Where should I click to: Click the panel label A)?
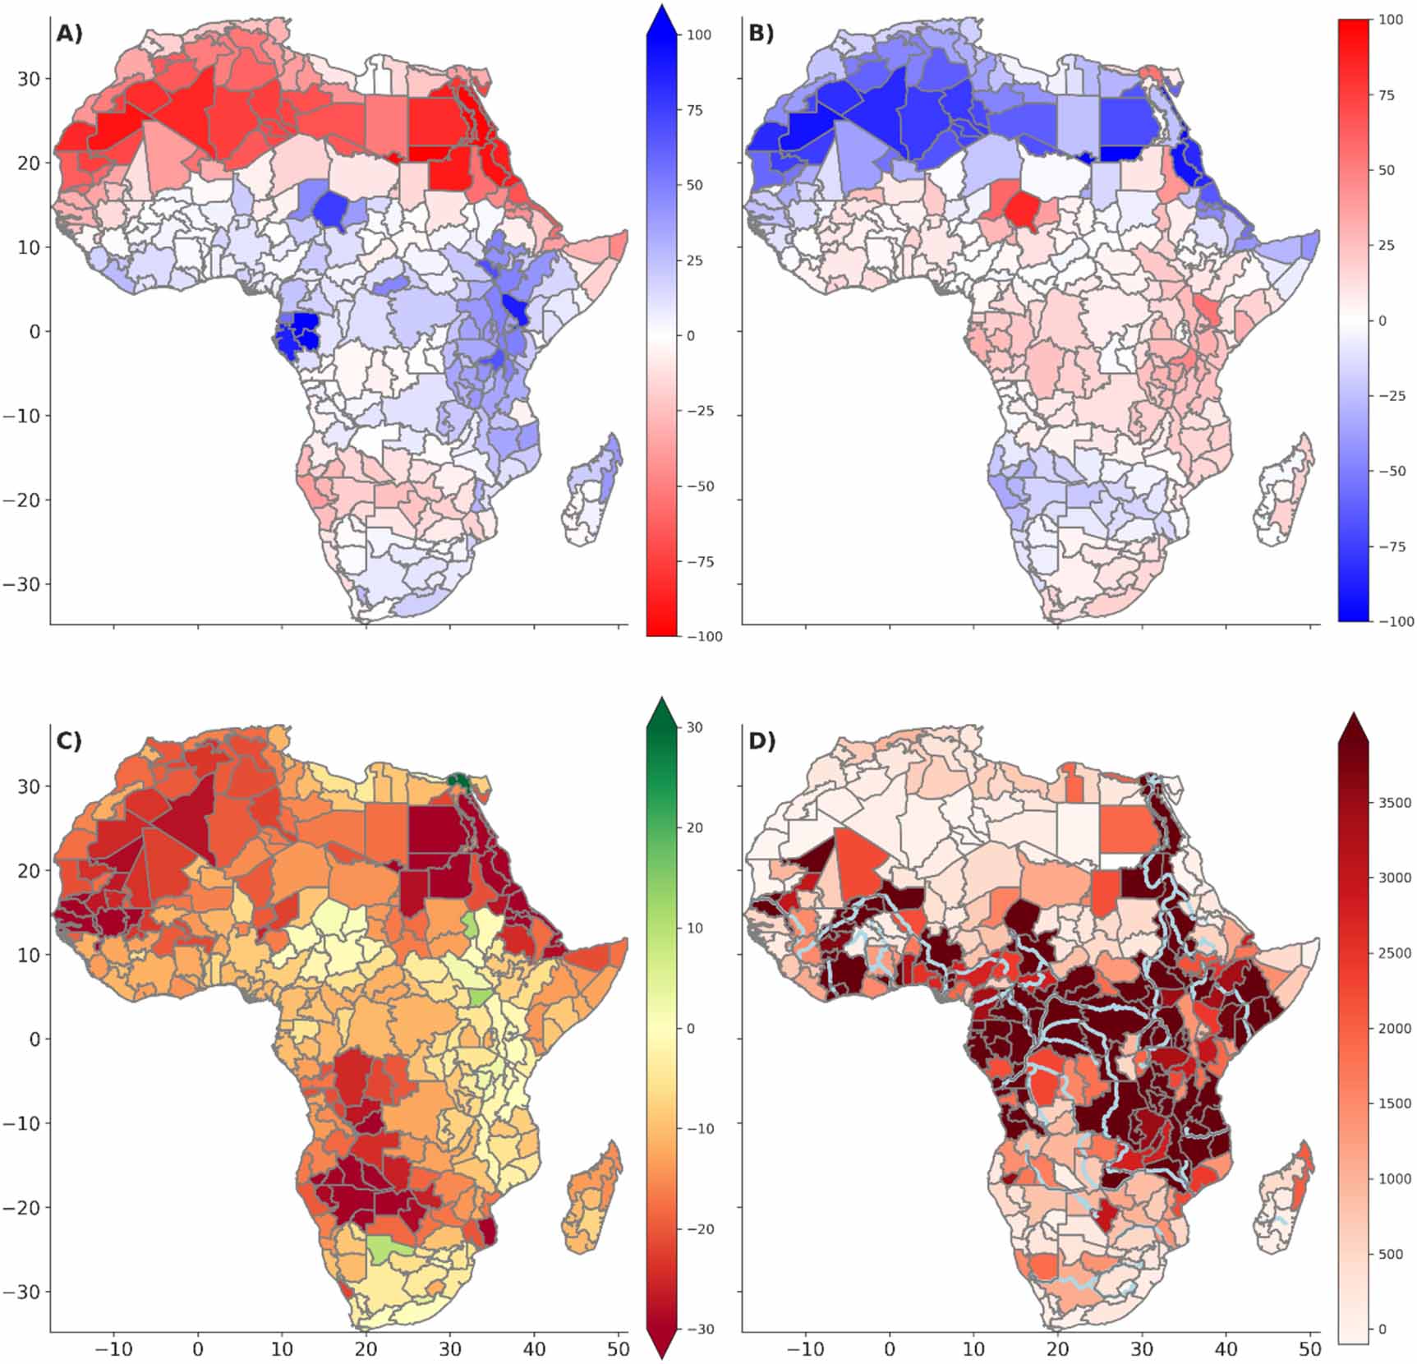[x=69, y=35]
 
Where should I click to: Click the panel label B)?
[x=761, y=35]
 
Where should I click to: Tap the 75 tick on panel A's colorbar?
[x=695, y=110]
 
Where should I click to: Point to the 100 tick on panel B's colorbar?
[x=1391, y=20]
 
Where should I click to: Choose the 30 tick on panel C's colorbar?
[x=695, y=727]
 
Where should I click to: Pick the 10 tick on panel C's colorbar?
[x=695, y=929]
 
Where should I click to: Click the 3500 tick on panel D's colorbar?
[x=1395, y=803]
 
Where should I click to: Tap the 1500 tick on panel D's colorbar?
[x=1395, y=1104]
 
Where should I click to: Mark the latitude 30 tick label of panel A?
[x=30, y=79]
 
